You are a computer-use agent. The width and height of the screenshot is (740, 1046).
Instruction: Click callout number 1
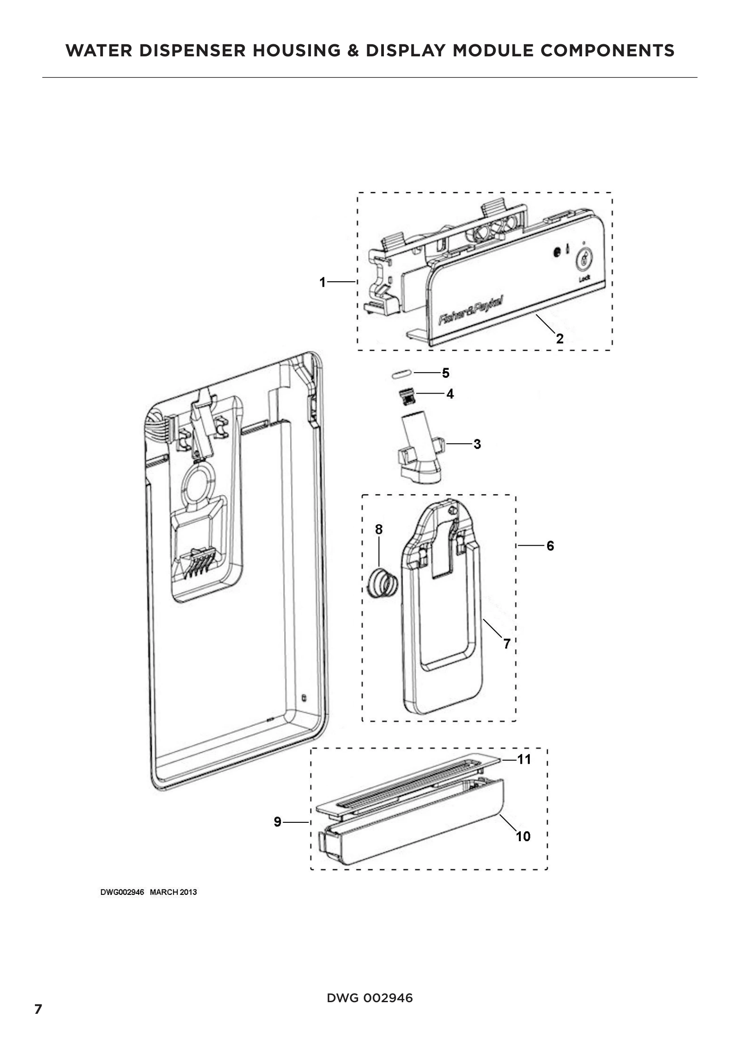click(322, 283)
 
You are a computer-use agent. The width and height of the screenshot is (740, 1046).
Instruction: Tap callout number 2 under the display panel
click(560, 338)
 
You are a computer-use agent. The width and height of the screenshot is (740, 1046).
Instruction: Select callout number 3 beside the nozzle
click(477, 444)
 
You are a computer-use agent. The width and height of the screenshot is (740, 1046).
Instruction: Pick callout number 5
click(446, 373)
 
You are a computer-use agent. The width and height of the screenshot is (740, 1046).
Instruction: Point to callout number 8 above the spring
click(379, 529)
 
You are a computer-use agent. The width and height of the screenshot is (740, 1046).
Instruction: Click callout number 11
click(524, 759)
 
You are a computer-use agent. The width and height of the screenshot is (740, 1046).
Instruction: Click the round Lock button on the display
click(585, 260)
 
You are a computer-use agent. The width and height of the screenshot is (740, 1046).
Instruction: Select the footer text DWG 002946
click(370, 998)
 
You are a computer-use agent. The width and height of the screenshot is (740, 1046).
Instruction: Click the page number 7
click(38, 1010)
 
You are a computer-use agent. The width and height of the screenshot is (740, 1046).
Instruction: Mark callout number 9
click(277, 822)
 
